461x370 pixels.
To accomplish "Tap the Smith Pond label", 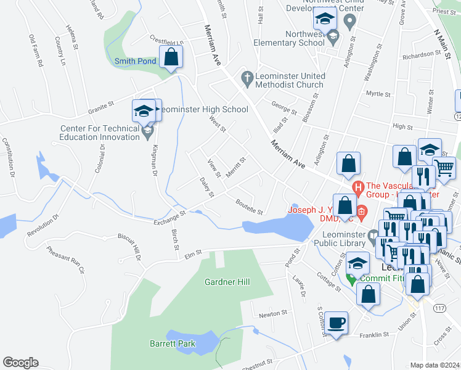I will (x=135, y=61).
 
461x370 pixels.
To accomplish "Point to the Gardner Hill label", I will (x=227, y=282).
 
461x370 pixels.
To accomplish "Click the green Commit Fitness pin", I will (x=352, y=278).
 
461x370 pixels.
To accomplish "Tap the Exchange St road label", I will (x=170, y=216).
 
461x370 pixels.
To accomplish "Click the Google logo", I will (x=20, y=363).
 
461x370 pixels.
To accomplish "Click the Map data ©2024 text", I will (x=434, y=365).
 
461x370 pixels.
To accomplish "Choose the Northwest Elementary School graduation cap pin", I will (x=333, y=37).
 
